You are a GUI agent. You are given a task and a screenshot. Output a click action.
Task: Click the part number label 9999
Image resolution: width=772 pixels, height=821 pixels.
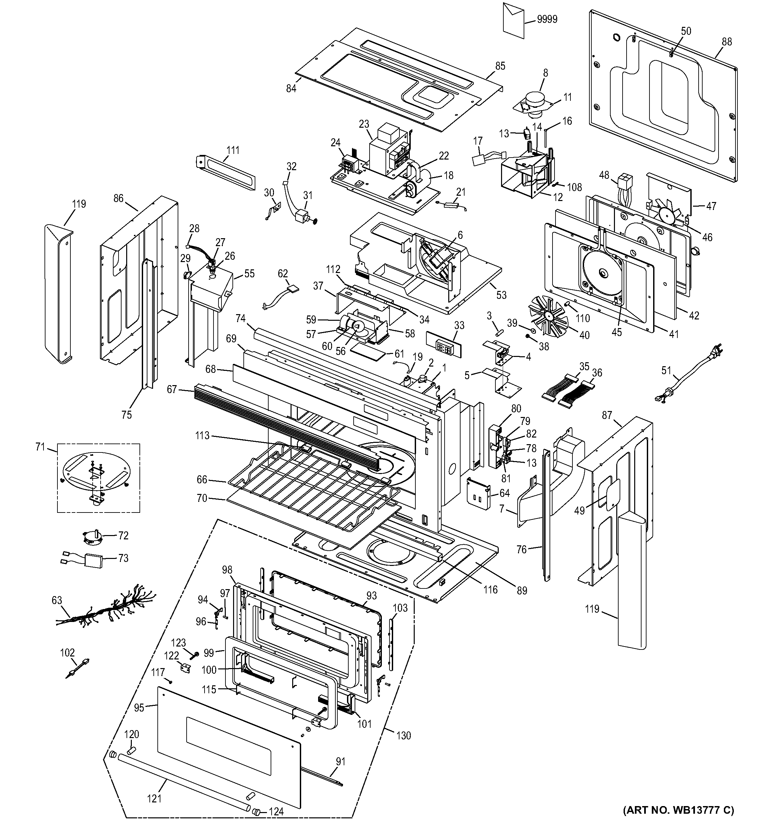click(547, 20)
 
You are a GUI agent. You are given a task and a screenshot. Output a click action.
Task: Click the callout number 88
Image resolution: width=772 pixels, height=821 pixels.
click(727, 42)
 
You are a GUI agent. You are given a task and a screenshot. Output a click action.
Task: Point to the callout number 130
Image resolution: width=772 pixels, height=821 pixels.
click(403, 735)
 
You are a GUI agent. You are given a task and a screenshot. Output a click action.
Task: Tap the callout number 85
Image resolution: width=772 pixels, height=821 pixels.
click(500, 66)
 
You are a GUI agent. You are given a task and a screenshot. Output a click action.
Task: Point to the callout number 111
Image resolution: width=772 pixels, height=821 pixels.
click(233, 150)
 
